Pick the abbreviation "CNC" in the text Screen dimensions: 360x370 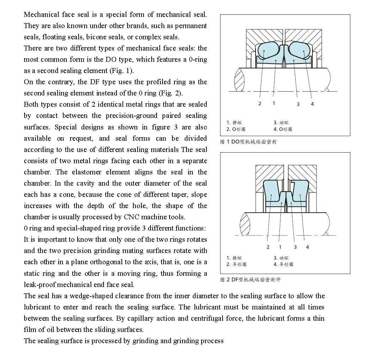click(132, 217)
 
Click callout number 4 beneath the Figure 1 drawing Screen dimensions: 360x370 click(312, 104)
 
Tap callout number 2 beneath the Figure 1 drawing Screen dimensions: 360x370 click(260, 103)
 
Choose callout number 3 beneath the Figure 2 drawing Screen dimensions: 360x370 click(295, 247)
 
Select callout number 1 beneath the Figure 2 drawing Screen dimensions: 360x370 click(280, 247)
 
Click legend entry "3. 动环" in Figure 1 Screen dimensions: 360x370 click(281, 122)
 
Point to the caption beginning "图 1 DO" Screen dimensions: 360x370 click(248, 142)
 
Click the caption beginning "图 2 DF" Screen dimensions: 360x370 click(250, 280)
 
